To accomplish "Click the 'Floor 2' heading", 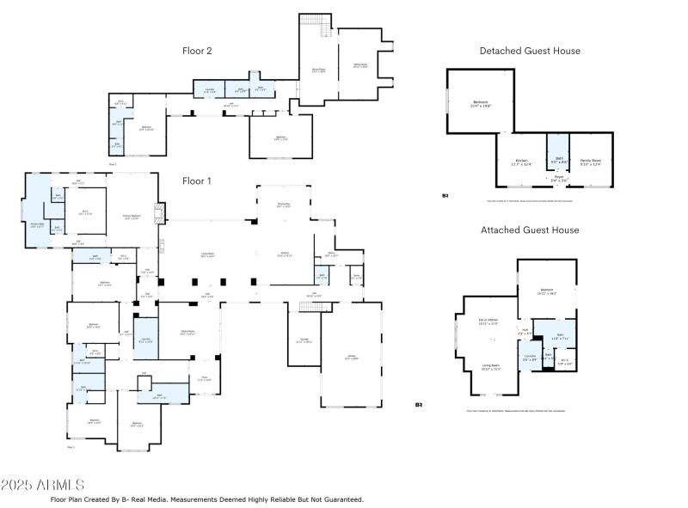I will pyautogui.click(x=197, y=51).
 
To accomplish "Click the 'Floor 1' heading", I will pyautogui.click(x=197, y=181).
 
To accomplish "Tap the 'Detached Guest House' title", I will pyautogui.click(x=530, y=51).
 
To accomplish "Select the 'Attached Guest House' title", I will pyautogui.click(x=530, y=230).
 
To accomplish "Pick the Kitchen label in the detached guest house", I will pyautogui.click(x=522, y=162).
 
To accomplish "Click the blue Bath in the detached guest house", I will pyautogui.click(x=559, y=159).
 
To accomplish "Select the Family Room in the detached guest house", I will pyautogui.click(x=590, y=162).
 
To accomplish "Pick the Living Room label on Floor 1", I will pyautogui.click(x=206, y=255).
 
